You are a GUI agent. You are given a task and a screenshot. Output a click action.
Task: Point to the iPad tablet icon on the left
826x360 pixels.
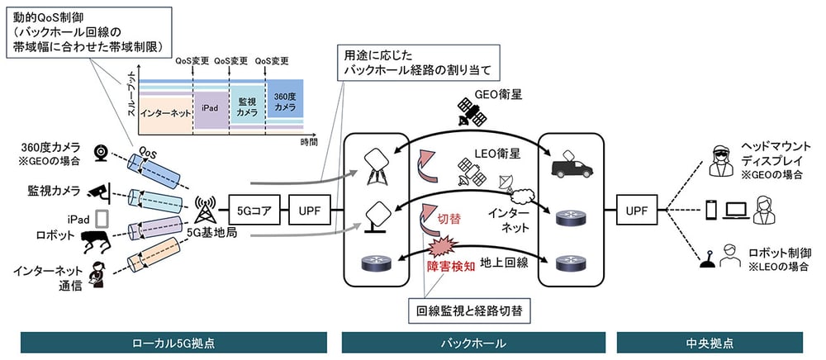pos(103,218)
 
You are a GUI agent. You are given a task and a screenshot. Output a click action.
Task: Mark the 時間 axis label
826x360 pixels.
pos(308,142)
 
